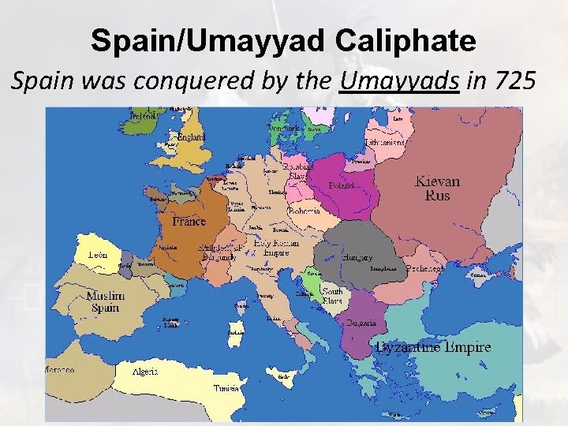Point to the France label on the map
[x=189, y=222]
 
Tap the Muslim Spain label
[x=103, y=301]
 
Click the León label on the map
[x=99, y=256]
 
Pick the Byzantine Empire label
[x=433, y=347]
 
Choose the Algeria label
[x=144, y=371]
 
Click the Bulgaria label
[x=360, y=323]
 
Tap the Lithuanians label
[x=386, y=143]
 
